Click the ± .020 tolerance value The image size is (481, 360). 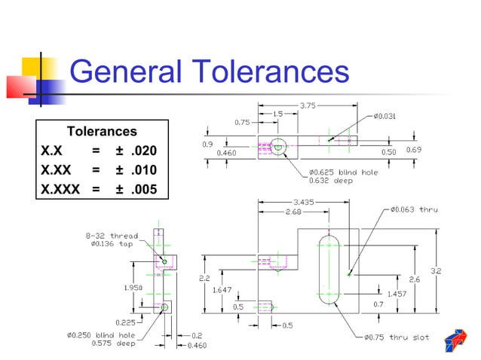pyautogui.click(x=136, y=150)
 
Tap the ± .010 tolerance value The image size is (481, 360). pyautogui.click(x=136, y=169)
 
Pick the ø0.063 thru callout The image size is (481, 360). pyautogui.click(x=414, y=209)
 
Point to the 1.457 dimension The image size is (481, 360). pyautogui.click(x=397, y=294)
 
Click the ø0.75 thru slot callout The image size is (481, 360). pyautogui.click(x=399, y=337)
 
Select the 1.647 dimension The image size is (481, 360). pyautogui.click(x=222, y=289)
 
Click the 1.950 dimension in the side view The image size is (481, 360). pyautogui.click(x=124, y=287)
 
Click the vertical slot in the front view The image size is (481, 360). pyautogui.click(x=329, y=269)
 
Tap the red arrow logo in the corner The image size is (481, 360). pyautogui.click(x=455, y=340)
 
